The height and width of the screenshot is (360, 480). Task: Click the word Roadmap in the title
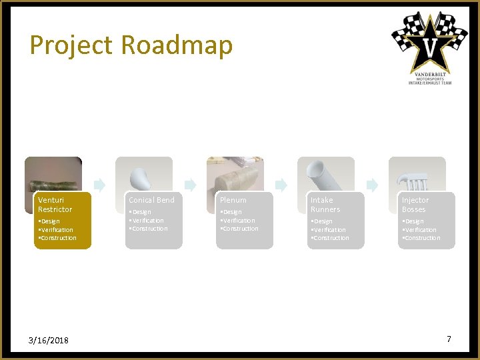point(177,45)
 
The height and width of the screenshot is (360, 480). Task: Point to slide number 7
point(449,339)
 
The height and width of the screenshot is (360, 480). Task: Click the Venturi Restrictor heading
point(55,205)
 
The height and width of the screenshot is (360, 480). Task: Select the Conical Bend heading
point(151,200)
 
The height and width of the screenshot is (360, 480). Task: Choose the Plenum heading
point(233,200)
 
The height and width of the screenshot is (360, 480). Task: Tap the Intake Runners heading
point(325,205)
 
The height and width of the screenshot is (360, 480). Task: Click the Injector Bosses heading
point(415,205)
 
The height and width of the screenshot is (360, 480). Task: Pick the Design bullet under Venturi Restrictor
point(49,221)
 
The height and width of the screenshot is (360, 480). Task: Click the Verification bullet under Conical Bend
point(147,221)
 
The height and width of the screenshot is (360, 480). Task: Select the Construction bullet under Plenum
point(240,229)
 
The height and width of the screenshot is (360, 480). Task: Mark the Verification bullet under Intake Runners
point(329,229)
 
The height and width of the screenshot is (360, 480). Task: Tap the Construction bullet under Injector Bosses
point(421,238)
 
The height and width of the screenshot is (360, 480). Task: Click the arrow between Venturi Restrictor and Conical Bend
point(99,185)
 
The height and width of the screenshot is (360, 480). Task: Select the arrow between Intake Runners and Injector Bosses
point(372,185)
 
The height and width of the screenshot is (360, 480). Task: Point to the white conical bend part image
point(141,177)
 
